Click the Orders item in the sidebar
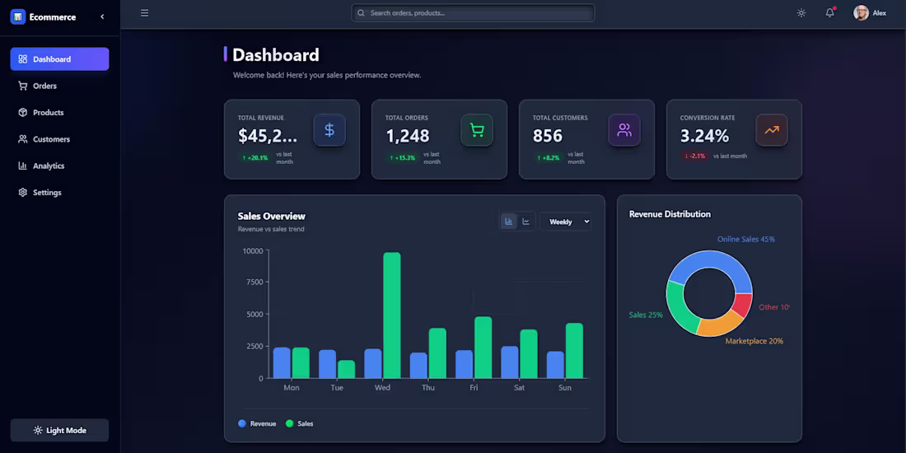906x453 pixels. coord(44,86)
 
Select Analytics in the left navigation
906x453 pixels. coord(48,166)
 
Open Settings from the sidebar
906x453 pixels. coord(46,193)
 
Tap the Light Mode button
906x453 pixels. coord(59,430)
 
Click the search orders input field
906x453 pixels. coord(474,13)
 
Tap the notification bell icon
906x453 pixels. coord(829,13)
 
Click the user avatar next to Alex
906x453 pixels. coord(861,13)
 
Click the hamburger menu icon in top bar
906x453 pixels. coord(144,13)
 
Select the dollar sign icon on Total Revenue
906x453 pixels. coord(329,130)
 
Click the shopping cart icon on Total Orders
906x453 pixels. coord(477,130)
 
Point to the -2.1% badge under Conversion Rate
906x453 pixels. coord(694,156)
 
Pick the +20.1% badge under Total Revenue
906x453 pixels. coord(255,157)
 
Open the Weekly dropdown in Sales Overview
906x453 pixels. coord(565,222)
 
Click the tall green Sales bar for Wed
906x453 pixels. coord(392,315)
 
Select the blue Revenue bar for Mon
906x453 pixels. coord(282,362)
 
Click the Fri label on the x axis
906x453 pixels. coord(474,388)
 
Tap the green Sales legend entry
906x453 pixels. coord(299,423)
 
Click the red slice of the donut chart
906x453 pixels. coord(742,306)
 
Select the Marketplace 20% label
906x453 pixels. coord(754,341)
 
